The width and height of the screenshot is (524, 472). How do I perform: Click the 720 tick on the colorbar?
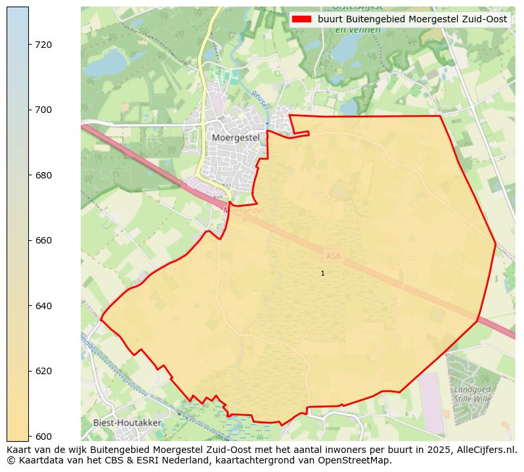click(x=43, y=45)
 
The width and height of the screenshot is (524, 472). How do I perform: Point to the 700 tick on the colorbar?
click(x=43, y=110)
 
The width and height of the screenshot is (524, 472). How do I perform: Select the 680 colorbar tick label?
click(x=43, y=175)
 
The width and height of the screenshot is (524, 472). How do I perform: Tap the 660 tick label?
click(x=43, y=240)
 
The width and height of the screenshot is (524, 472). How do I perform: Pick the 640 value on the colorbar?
click(x=43, y=306)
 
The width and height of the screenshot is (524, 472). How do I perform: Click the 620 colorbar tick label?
click(x=43, y=371)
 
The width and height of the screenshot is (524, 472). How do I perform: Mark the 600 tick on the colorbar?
click(x=43, y=436)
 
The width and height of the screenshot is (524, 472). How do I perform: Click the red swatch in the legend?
click(x=301, y=20)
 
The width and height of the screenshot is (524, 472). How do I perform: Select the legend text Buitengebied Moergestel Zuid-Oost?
click(x=412, y=20)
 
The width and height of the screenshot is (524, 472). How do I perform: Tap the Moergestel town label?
click(x=236, y=138)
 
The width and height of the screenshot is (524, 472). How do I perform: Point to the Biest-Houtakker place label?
click(x=127, y=423)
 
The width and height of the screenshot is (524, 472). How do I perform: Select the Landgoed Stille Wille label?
click(x=472, y=394)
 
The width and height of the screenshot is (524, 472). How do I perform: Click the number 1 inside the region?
click(x=322, y=273)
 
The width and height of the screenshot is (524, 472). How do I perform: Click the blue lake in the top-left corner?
click(x=106, y=62)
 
